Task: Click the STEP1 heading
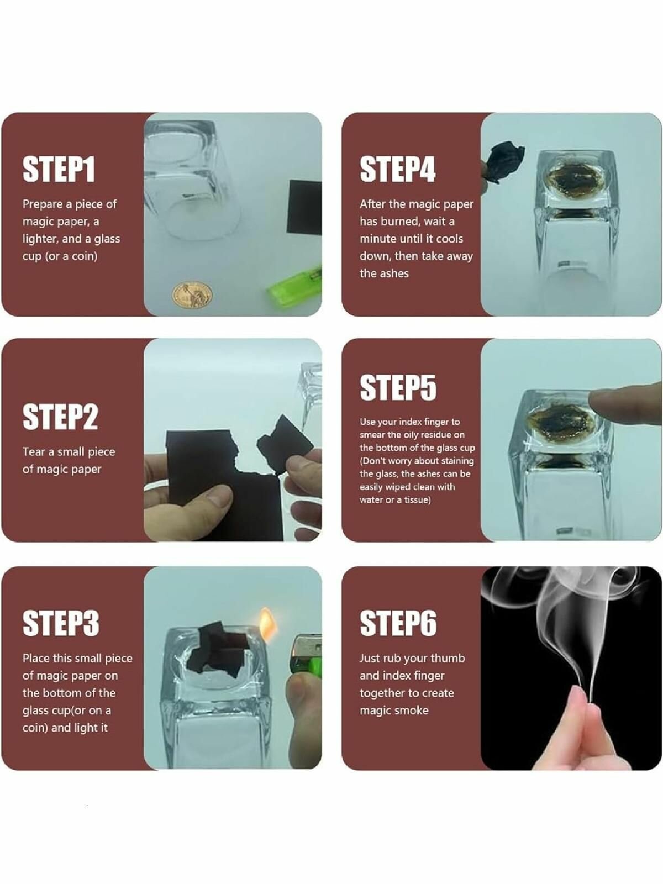point(59,169)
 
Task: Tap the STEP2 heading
point(60,417)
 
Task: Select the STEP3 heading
point(61,623)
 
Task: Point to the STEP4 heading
point(398,169)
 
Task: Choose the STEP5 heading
point(398,388)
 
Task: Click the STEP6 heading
point(398,623)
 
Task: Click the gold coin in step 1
point(193,295)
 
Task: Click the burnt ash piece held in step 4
point(504,162)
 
